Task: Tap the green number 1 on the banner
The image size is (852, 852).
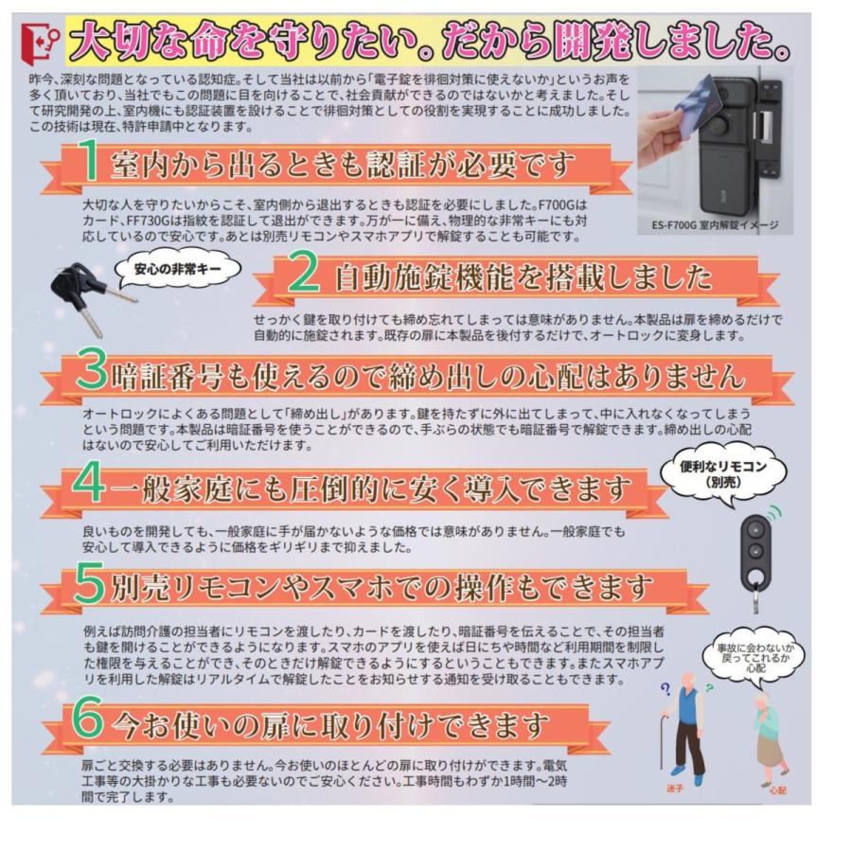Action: [x=87, y=165]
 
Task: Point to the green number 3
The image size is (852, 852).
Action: [x=92, y=373]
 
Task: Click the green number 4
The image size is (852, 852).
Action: [x=90, y=484]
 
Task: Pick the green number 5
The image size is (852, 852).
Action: [x=90, y=586]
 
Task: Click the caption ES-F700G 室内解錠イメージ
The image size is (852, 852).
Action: [x=715, y=225]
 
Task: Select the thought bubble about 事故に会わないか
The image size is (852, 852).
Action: [x=756, y=656]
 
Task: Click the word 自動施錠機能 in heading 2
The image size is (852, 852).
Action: [x=421, y=276]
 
